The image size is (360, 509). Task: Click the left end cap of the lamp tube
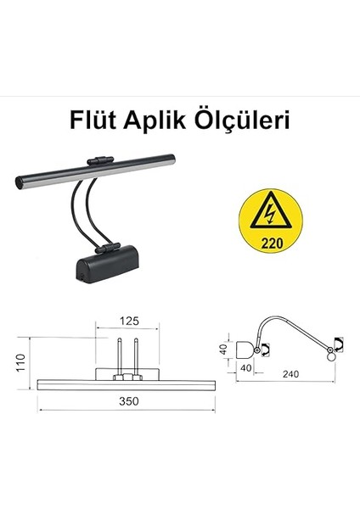[21, 181]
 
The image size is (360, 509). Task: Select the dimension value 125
[128, 321]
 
